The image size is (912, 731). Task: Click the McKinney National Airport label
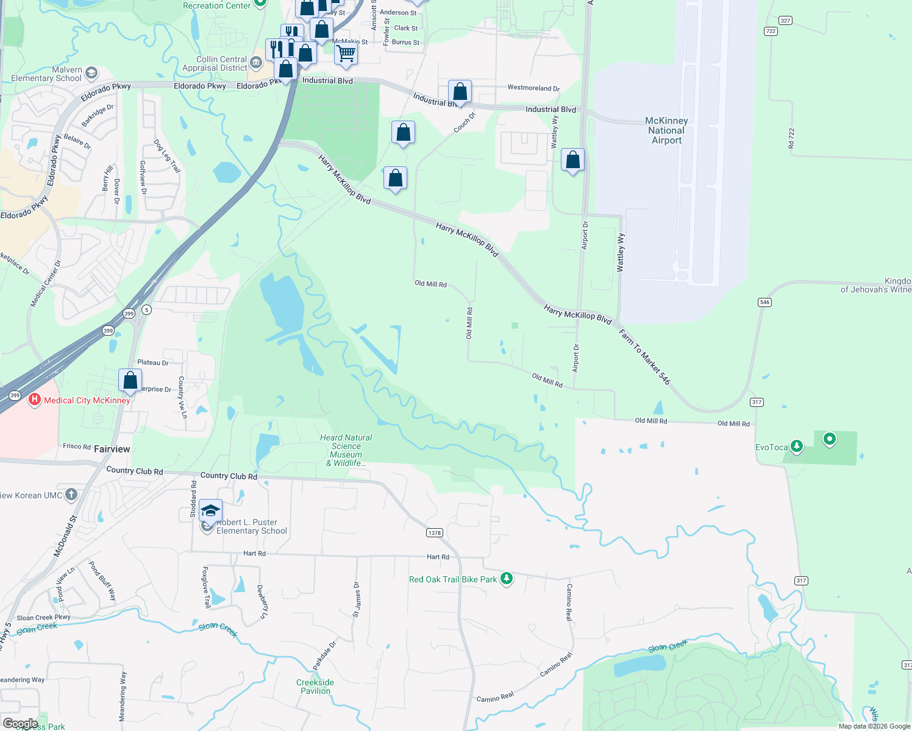click(666, 130)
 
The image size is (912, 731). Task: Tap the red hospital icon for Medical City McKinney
click(35, 400)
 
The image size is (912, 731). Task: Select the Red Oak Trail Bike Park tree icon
click(507, 579)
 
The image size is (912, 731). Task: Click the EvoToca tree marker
click(796, 447)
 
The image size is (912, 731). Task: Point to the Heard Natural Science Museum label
click(346, 450)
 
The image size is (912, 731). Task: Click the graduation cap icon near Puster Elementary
click(210, 510)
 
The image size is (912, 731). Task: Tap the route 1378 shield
click(434, 532)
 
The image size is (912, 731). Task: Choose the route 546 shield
click(764, 302)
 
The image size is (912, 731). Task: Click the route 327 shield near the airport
click(785, 21)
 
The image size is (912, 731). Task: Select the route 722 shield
click(771, 31)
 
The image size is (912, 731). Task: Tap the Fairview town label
click(112, 449)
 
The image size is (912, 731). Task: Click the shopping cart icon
click(346, 52)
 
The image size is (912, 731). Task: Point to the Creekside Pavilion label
click(315, 687)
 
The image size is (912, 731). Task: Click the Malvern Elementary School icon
click(91, 74)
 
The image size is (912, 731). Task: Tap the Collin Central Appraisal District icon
click(256, 62)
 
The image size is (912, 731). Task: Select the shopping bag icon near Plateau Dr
click(130, 380)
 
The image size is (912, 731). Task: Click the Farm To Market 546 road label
click(644, 357)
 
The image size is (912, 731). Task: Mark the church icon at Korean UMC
click(71, 495)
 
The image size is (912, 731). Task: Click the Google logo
click(20, 724)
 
